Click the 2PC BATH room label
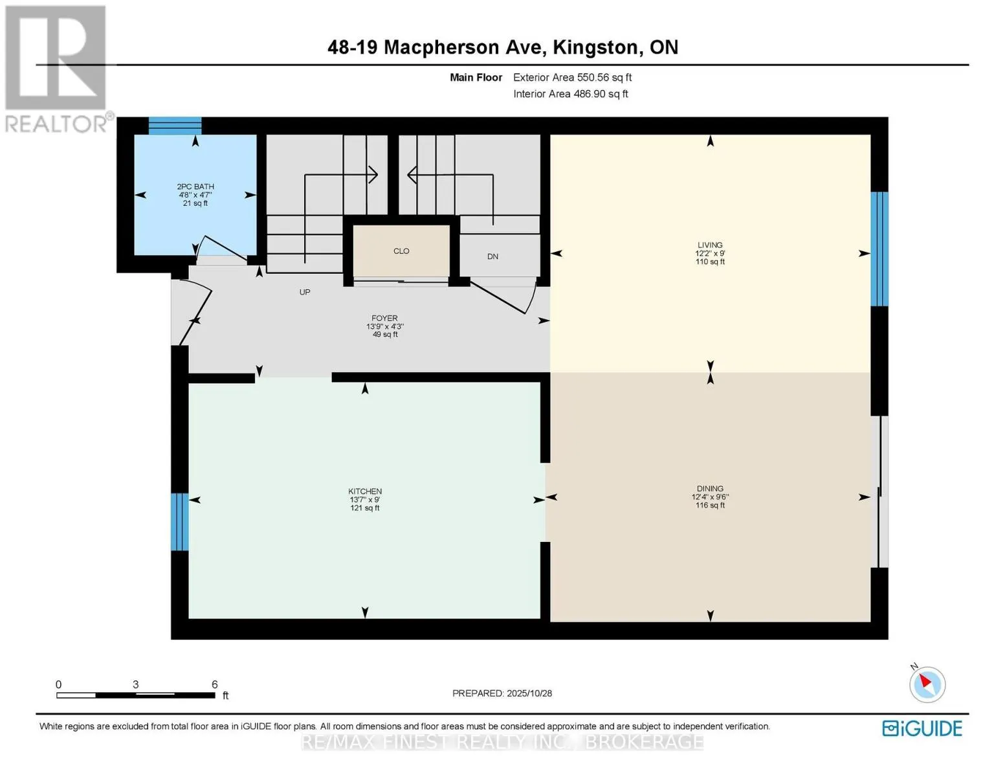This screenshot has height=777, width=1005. point(195,186)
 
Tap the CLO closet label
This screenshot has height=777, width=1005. point(401,251)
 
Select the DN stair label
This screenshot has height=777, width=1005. point(492,256)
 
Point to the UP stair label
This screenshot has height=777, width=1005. point(305,292)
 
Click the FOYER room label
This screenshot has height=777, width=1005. point(384,318)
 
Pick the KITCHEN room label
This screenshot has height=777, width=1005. point(365,491)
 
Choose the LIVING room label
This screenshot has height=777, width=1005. point(710,245)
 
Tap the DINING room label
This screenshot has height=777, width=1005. point(710,489)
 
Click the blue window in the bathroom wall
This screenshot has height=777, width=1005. point(175,126)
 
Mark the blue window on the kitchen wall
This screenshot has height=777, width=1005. point(179,522)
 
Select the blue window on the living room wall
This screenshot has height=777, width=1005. point(879,249)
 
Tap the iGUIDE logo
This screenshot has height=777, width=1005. point(922,728)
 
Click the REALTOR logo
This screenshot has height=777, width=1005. point(56,69)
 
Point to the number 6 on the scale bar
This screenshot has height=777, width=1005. point(214,684)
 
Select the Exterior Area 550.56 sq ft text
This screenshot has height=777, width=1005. point(572,77)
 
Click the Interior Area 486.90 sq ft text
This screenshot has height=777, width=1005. point(570,94)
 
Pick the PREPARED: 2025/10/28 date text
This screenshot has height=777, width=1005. point(502,693)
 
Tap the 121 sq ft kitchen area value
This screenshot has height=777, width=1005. point(365,508)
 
